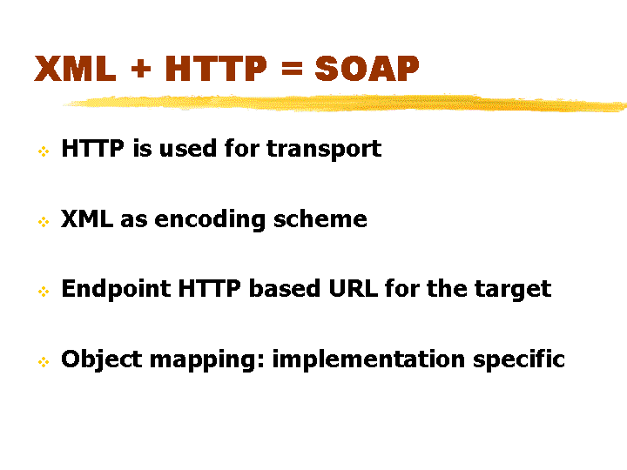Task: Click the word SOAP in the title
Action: (367, 69)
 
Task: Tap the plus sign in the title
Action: (141, 69)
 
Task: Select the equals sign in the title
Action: (292, 69)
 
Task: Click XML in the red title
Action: (75, 69)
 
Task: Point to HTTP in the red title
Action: (216, 69)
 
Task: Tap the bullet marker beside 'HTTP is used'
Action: (44, 151)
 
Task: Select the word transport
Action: (324, 150)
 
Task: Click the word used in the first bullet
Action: (188, 148)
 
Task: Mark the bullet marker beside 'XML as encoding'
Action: (44, 221)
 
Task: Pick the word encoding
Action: (210, 220)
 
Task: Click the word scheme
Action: (320, 218)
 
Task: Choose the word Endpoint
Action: (116, 289)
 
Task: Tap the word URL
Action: (353, 289)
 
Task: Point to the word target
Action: (513, 290)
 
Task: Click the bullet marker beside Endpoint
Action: (44, 292)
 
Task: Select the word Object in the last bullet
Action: (102, 359)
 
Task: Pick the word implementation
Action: (368, 359)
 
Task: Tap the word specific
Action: (519, 359)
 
